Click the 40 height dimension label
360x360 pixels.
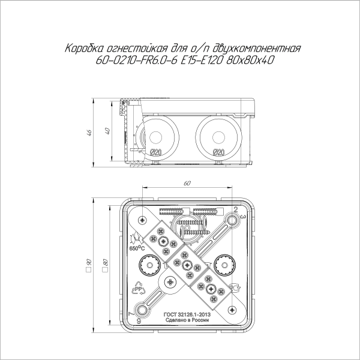[x=107, y=132]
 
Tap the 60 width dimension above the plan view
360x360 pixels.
[x=187, y=182]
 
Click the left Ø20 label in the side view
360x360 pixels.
[x=154, y=152]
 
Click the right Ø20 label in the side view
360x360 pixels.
[x=218, y=152]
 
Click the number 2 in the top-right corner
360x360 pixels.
[x=235, y=209]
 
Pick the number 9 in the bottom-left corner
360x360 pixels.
[x=139, y=321]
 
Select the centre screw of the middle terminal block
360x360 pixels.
[x=188, y=264]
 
